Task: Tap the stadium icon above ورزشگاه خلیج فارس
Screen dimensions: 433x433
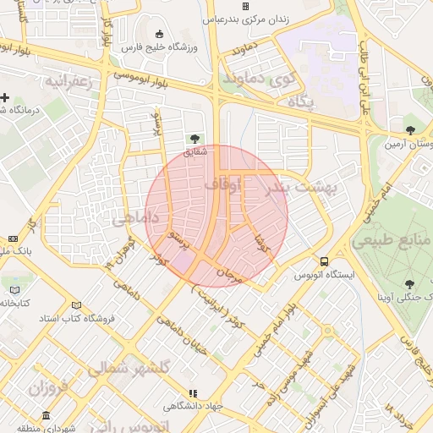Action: [x=160, y=34]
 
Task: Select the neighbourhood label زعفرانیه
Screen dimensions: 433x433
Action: [x=67, y=81]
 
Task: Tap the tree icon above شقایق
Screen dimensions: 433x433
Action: [x=195, y=137]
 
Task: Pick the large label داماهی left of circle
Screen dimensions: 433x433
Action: [x=135, y=217]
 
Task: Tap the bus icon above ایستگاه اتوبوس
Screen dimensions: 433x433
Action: [x=325, y=261]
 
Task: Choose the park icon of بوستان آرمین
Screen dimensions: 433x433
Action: [x=410, y=130]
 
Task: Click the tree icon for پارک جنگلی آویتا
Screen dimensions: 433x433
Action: [x=409, y=284]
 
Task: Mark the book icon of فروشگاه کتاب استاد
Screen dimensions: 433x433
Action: [x=77, y=305]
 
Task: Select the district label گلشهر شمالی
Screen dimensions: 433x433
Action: [x=129, y=368]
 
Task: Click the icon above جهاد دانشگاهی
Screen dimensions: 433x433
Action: [x=194, y=393]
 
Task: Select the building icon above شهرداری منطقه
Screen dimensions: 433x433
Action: [x=45, y=416]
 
